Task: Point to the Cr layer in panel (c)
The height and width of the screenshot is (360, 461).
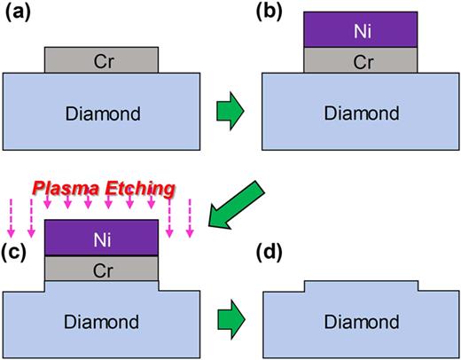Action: [x=102, y=268]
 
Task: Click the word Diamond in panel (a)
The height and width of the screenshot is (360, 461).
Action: [x=102, y=113]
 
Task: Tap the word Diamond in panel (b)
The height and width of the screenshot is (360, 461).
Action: [x=359, y=113]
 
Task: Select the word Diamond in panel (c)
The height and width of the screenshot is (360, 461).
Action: [x=102, y=320]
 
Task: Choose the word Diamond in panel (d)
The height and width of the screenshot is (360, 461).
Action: [x=359, y=320]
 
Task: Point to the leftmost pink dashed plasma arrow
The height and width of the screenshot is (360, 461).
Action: [x=12, y=223]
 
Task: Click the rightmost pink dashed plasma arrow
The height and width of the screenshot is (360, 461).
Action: [x=190, y=223]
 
